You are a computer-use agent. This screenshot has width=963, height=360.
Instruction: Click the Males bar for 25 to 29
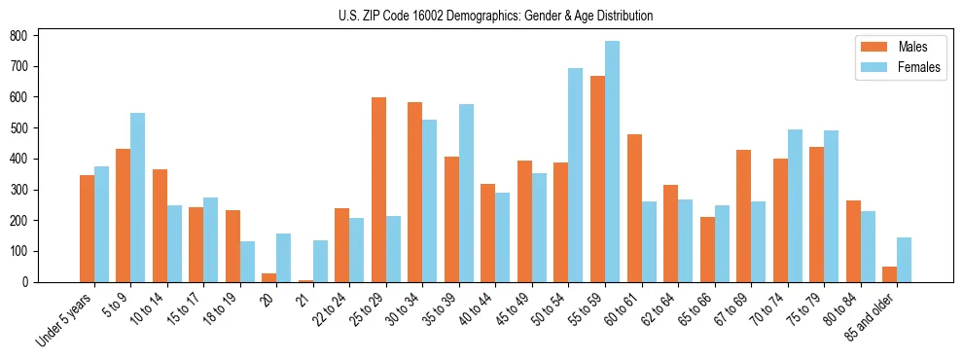(x=379, y=190)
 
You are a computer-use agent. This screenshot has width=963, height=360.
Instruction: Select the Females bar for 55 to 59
(x=612, y=162)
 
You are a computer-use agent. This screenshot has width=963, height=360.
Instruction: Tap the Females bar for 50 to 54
(x=575, y=175)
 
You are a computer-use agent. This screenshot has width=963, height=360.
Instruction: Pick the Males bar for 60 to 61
(x=634, y=208)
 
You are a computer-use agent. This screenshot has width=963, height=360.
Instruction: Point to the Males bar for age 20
(x=269, y=277)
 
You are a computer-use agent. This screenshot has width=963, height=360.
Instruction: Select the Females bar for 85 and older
(x=904, y=260)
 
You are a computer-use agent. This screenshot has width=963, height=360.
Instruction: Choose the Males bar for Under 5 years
(x=87, y=229)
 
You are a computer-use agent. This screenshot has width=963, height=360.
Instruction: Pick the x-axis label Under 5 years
(x=65, y=318)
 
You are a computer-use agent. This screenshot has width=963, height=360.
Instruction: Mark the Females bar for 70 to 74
(x=795, y=205)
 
